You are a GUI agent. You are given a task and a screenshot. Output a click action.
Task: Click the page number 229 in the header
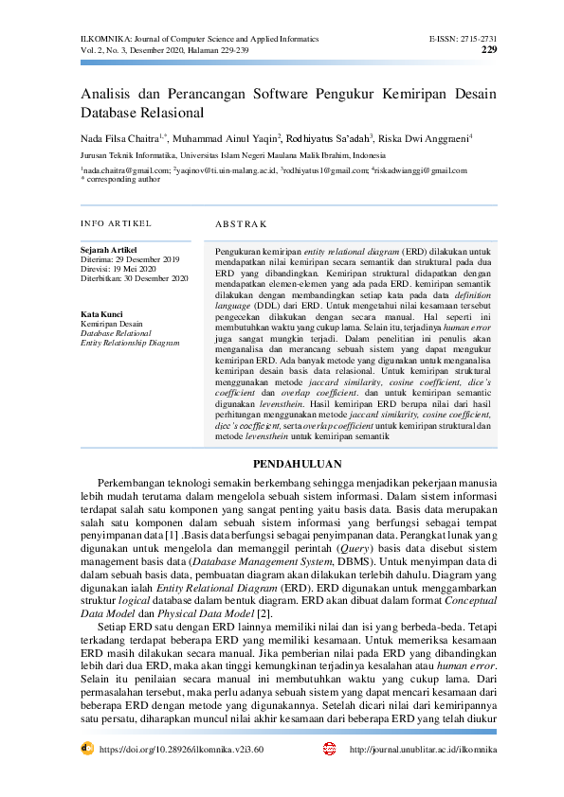(x=488, y=49)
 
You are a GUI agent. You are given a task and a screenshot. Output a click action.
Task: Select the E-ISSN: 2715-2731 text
(x=463, y=38)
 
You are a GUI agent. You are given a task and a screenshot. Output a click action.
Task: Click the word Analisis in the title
(x=107, y=96)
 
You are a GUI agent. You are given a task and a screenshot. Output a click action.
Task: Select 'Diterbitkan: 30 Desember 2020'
(x=134, y=278)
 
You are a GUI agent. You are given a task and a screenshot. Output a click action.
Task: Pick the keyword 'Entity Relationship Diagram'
(x=130, y=343)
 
